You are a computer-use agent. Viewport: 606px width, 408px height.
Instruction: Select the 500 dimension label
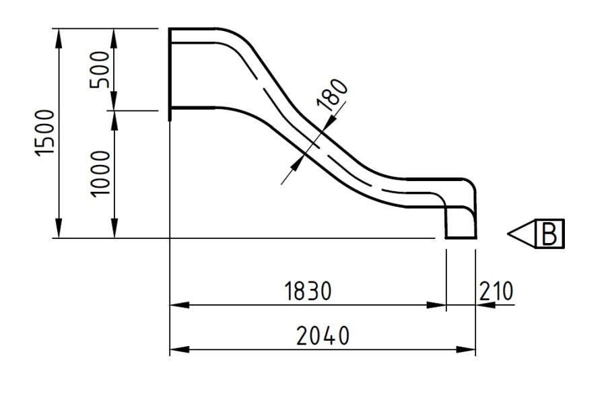100,69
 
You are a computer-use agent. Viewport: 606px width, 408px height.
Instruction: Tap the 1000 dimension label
100,174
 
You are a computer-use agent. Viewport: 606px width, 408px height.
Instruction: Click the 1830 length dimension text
308,291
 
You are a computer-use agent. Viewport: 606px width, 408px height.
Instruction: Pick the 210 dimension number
496,291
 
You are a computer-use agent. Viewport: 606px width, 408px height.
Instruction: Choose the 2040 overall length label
323,335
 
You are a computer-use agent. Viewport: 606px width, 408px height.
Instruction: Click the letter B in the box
549,234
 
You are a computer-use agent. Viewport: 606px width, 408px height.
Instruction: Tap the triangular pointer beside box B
522,234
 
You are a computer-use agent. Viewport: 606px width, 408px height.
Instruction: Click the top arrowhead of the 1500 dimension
59,38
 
